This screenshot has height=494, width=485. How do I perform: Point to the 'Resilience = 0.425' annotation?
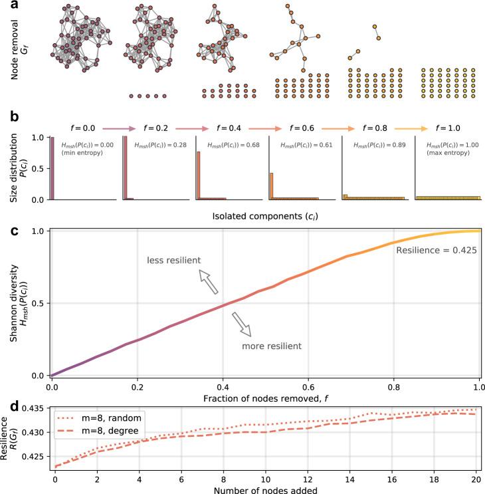click(x=433, y=251)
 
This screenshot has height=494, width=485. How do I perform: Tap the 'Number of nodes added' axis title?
click(x=264, y=488)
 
